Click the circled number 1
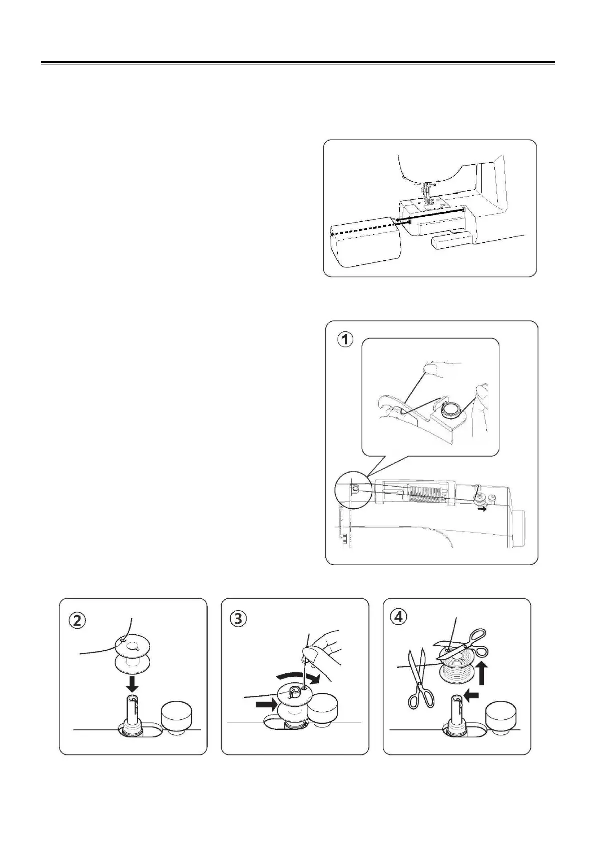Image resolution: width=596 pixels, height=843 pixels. (x=344, y=340)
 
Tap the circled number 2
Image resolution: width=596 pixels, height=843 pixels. (x=77, y=620)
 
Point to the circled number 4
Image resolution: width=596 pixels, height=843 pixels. (x=399, y=617)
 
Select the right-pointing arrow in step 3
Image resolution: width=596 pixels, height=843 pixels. (x=266, y=704)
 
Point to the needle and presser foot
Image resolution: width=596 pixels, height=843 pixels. (x=427, y=192)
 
